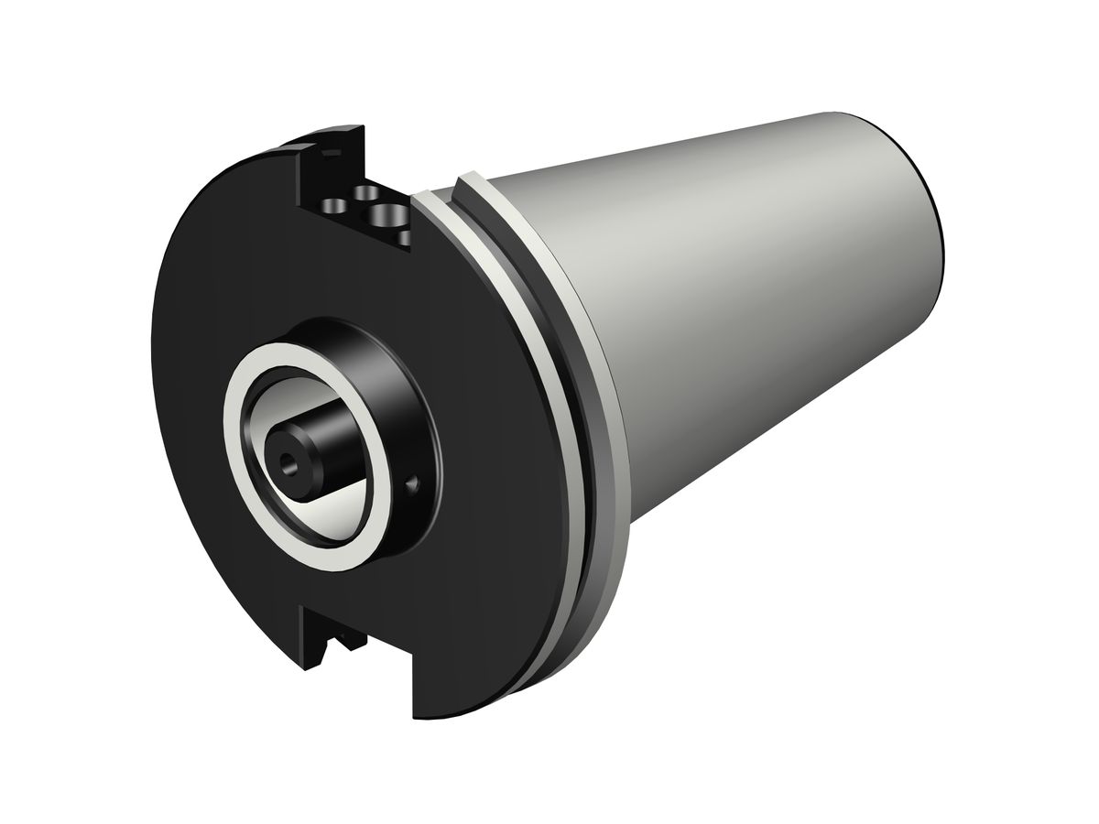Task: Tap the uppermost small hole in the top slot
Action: pos(368,192)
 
